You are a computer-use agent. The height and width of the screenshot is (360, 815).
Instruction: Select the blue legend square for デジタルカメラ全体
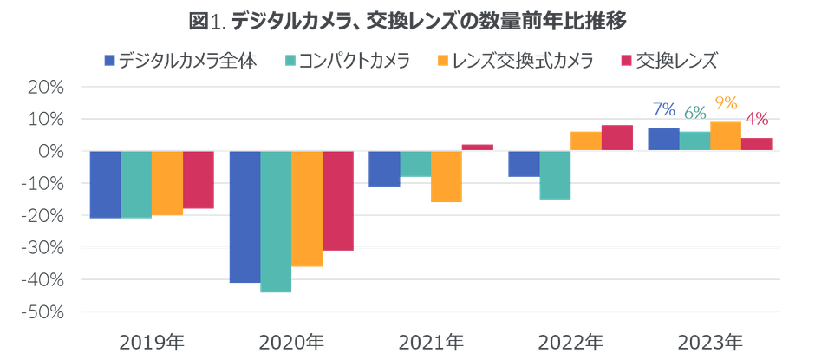tap(109, 61)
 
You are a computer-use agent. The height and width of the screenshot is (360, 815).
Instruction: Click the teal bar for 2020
tap(276, 221)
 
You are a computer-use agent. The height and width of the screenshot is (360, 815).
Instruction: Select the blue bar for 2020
tap(244, 217)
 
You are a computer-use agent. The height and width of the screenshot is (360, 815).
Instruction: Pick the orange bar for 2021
tap(447, 176)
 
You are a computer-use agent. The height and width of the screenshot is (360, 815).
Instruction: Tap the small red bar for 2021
tap(478, 147)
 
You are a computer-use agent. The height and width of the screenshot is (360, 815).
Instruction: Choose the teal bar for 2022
tap(555, 174)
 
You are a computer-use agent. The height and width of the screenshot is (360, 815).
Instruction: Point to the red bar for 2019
tap(199, 180)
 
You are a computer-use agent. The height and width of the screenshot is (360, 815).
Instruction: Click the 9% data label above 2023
tap(726, 103)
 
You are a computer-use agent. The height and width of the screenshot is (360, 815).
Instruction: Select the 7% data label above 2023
tap(664, 108)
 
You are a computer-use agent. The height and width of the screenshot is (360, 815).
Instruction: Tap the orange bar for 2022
tap(585, 141)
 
